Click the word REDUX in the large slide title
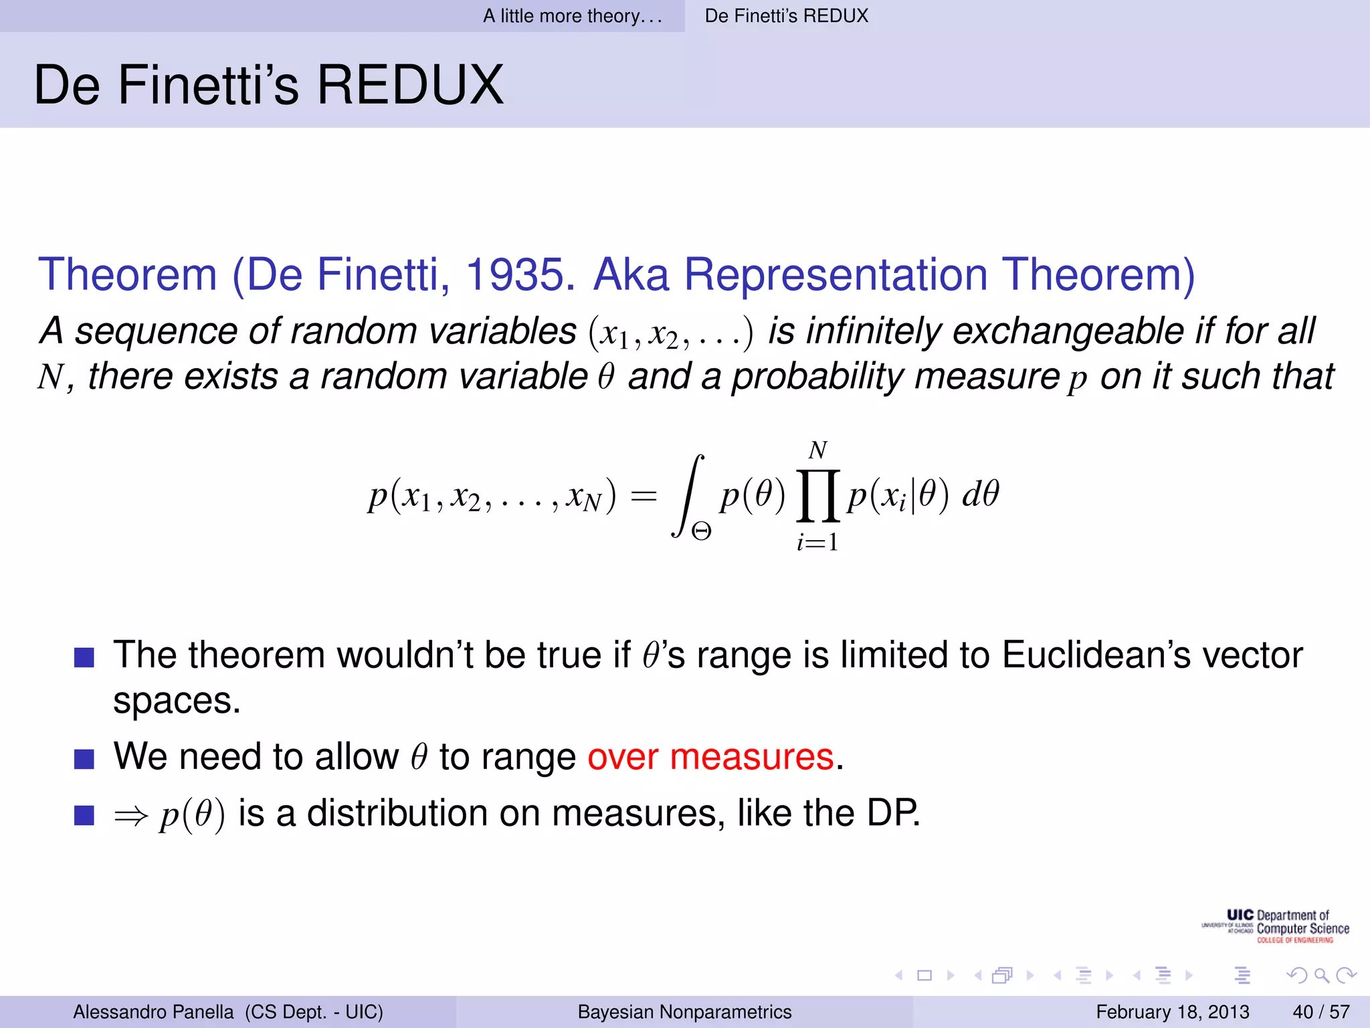pyautogui.click(x=409, y=85)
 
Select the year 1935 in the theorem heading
pyautogui.click(x=519, y=274)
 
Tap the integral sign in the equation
pyautogui.click(x=688, y=495)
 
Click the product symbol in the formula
pyautogui.click(x=817, y=495)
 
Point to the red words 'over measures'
pyautogui.click(x=710, y=757)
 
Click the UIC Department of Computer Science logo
pyautogui.click(x=1276, y=926)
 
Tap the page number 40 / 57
pyautogui.click(x=1321, y=1011)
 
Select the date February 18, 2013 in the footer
pyautogui.click(x=1172, y=1011)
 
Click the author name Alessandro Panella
pyautogui.click(x=153, y=1011)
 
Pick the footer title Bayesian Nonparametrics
pyautogui.click(x=684, y=1011)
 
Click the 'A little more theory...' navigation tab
pyautogui.click(x=572, y=15)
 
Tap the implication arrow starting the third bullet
pyautogui.click(x=130, y=816)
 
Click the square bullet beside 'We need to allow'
pyautogui.click(x=84, y=759)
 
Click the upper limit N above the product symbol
pyautogui.click(x=817, y=450)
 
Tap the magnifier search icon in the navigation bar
pyautogui.click(x=1321, y=975)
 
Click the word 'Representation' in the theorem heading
pyautogui.click(x=836, y=274)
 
